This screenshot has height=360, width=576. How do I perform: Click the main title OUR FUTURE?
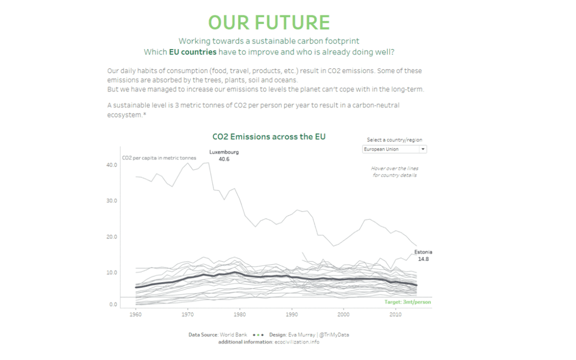click(269, 22)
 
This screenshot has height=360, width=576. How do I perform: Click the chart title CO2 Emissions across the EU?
click(269, 137)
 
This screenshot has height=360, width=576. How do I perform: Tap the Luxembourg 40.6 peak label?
click(224, 155)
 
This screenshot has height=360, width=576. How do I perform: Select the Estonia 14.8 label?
click(423, 255)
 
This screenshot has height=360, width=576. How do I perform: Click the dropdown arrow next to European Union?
click(423, 149)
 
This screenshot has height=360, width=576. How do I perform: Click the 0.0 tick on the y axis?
click(113, 305)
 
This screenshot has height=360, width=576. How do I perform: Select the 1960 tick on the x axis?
click(136, 315)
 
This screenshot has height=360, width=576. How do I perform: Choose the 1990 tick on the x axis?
click(292, 315)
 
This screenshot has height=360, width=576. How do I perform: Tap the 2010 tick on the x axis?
click(395, 315)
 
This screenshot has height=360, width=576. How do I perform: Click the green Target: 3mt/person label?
click(407, 302)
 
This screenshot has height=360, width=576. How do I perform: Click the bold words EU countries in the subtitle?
click(193, 52)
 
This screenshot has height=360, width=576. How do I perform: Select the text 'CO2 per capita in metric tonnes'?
click(159, 158)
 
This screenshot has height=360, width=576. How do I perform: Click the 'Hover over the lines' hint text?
click(394, 169)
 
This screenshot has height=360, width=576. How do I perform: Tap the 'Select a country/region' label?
click(394, 140)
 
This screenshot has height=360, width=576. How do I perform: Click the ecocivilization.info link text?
click(297, 342)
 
